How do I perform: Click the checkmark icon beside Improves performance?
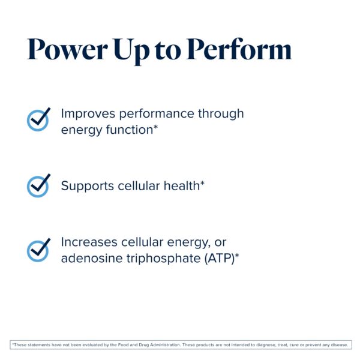(x=39, y=119)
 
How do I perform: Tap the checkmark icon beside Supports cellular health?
(x=39, y=185)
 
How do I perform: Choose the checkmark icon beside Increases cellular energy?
(x=39, y=250)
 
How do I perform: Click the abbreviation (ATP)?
(x=218, y=259)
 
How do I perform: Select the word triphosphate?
(x=156, y=259)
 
